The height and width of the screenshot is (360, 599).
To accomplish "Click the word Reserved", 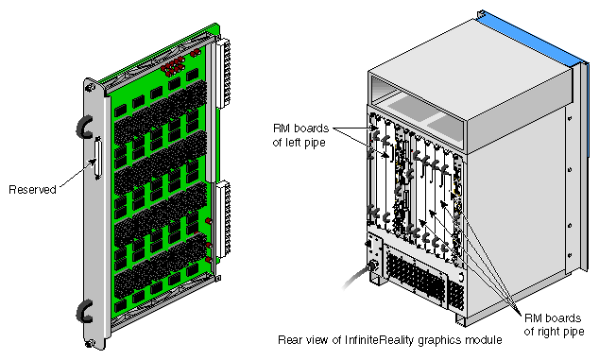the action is tap(32, 190).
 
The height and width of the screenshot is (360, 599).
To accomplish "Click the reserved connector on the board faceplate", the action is tap(98, 159).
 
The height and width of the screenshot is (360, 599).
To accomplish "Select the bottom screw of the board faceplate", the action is tap(90, 344).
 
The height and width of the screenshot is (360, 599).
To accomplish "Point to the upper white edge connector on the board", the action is tap(224, 73).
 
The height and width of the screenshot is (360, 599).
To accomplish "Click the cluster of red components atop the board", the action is tap(174, 66).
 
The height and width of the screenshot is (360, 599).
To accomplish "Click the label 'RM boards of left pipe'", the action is tap(301, 135).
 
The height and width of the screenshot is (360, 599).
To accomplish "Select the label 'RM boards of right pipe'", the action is tap(554, 324).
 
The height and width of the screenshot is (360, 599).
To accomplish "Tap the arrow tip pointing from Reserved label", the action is tap(94, 160).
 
